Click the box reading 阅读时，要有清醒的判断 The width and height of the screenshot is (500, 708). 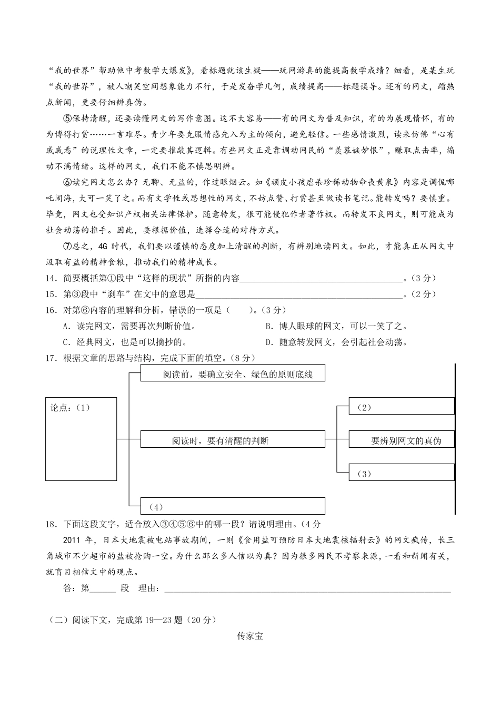click(233, 440)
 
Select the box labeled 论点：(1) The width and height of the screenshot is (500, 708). click(81, 439)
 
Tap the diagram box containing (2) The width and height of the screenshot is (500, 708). click(402, 407)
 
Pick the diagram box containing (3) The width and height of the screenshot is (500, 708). click(402, 473)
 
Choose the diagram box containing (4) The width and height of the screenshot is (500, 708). click(233, 506)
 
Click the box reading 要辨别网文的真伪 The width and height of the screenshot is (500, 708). click(402, 440)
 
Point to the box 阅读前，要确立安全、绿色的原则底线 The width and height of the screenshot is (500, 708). click(233, 373)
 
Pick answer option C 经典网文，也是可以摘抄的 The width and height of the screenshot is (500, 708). click(125, 342)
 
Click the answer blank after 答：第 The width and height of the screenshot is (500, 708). click(103, 589)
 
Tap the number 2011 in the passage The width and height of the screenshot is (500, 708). click(72, 540)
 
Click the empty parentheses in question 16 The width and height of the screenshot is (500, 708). click(239, 310)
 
